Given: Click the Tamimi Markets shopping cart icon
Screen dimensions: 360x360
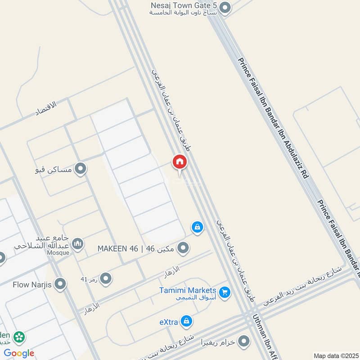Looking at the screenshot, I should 225,293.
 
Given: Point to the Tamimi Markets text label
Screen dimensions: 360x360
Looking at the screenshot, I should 188,290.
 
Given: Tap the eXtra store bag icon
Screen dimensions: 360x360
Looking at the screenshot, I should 186,321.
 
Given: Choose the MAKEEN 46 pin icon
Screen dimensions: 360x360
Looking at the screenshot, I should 183,247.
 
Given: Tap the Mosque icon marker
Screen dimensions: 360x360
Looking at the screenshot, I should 78,244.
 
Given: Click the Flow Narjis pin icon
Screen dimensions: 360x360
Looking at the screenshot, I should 60,284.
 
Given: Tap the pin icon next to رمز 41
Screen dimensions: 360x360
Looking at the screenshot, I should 106,279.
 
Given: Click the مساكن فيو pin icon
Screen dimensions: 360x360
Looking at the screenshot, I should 81,169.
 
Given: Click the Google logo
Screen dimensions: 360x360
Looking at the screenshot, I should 19,353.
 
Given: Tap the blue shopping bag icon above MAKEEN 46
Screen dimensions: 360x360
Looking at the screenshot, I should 197,227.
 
